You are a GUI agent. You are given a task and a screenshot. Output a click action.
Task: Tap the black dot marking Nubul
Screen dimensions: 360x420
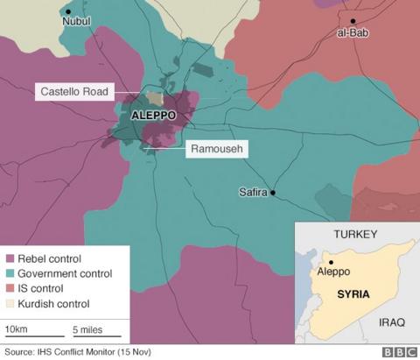pyautogui.click(x=67, y=12)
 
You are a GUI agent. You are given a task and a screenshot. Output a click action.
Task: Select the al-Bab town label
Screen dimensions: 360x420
pyautogui.click(x=351, y=33)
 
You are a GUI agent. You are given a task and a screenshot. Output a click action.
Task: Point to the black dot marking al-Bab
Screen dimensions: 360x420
pyautogui.click(x=353, y=21)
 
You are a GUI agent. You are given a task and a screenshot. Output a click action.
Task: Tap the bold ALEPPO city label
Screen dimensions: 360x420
pyautogui.click(x=154, y=115)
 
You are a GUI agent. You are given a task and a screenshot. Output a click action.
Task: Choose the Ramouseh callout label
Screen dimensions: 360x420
pyautogui.click(x=215, y=150)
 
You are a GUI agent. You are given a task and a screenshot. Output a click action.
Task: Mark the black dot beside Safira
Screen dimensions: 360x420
pyautogui.click(x=273, y=193)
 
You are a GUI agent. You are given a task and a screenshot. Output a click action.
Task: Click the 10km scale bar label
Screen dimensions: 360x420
pyautogui.click(x=17, y=328)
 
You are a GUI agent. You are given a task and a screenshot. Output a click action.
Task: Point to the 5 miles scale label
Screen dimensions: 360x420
pyautogui.click(x=89, y=328)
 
